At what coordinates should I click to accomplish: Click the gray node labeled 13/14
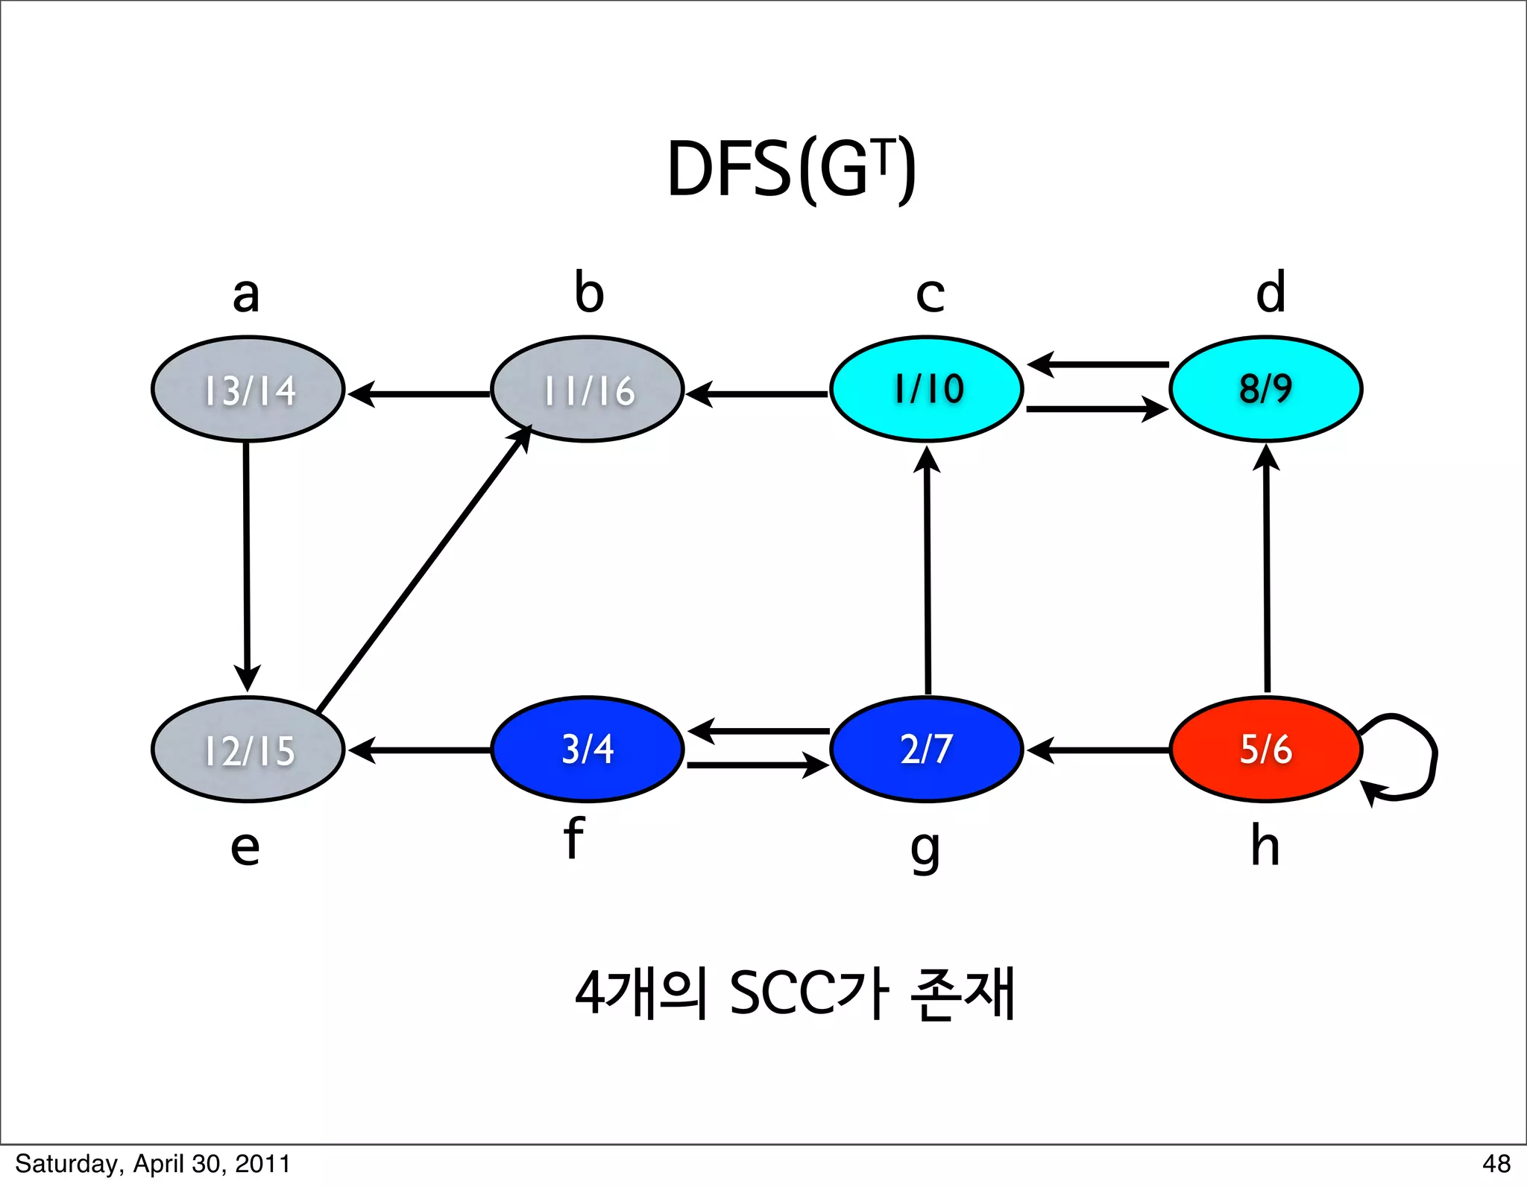click(248, 389)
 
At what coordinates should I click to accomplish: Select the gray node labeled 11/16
click(588, 389)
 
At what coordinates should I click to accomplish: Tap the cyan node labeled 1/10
click(927, 389)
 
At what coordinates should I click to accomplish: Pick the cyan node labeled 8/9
click(1266, 389)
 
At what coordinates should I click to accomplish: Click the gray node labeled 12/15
click(248, 749)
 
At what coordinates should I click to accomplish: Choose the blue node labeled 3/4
click(588, 749)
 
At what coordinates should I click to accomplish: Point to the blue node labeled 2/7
click(927, 749)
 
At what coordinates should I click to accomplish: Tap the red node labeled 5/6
click(1266, 749)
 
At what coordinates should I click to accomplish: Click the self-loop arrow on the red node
click(1420, 753)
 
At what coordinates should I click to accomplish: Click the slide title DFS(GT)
click(790, 170)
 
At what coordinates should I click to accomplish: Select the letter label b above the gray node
click(589, 292)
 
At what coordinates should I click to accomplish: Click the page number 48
click(1496, 1164)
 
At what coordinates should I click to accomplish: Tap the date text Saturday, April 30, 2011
click(153, 1164)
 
